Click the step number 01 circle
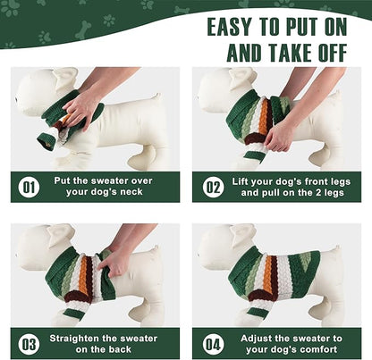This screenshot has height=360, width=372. (x=29, y=188)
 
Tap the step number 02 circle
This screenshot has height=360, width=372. (x=214, y=188)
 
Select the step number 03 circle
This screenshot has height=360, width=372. (x=29, y=344)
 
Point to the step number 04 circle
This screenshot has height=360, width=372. (x=214, y=344)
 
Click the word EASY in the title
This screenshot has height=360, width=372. (x=229, y=27)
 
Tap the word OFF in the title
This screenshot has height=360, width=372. (x=332, y=53)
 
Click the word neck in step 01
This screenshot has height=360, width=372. (x=131, y=192)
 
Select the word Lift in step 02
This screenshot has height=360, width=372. (x=241, y=181)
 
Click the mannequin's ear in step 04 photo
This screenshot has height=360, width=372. (x=244, y=235)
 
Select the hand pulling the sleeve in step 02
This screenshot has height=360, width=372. (x=280, y=135)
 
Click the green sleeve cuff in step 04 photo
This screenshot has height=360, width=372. (x=257, y=313)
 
